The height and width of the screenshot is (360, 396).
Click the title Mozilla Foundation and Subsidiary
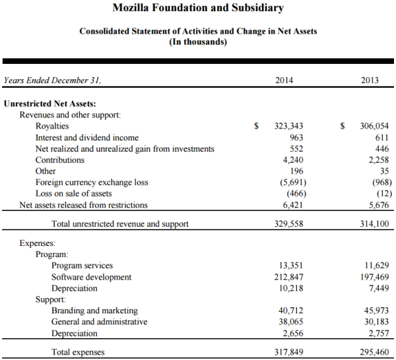pos(198,9)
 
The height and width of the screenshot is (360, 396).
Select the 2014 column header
pos(284,80)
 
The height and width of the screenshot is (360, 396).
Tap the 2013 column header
pos(370,80)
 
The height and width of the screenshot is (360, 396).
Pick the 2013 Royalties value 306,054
pos(374,126)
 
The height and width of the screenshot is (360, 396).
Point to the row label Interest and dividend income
pos(87,138)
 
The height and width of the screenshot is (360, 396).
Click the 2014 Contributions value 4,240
pos(292,160)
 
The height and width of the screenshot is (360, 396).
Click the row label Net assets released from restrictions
pos(84,205)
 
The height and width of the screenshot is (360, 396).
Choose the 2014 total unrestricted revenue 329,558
pos(288,224)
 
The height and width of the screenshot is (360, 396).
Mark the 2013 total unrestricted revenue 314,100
pos(374,224)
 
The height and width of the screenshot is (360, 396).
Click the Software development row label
pos(92,277)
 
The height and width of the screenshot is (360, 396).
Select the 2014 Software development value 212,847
pos(288,277)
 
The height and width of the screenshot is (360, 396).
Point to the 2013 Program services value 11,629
pos(376,266)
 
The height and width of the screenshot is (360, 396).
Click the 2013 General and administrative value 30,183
pos(376,322)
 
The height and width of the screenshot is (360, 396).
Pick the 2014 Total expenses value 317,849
pos(288,352)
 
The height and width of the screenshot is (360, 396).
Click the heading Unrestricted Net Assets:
pos(50,104)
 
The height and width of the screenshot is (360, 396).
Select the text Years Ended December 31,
pos(52,80)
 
